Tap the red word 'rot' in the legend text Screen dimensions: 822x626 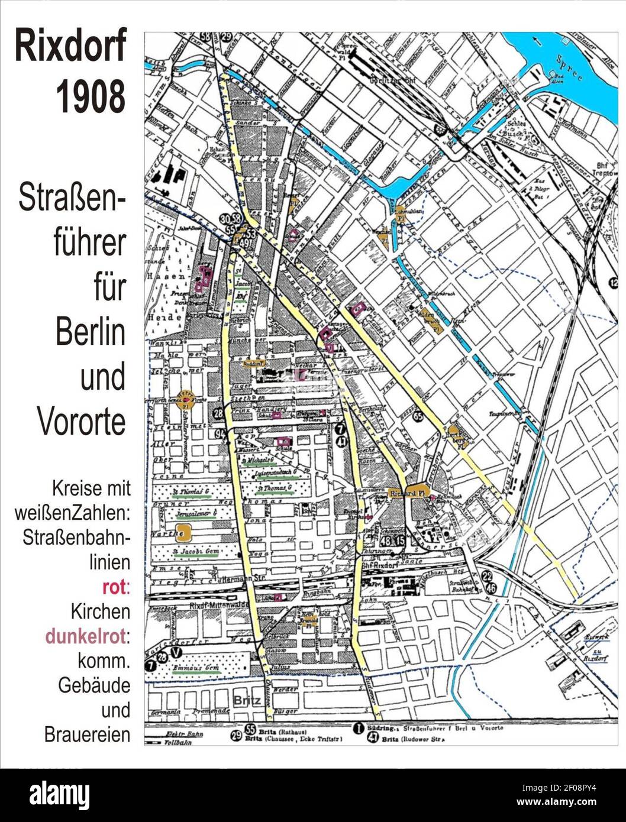tap(114, 587)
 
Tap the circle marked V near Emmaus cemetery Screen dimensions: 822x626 tap(175, 652)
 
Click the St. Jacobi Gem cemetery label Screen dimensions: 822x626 tap(191, 554)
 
